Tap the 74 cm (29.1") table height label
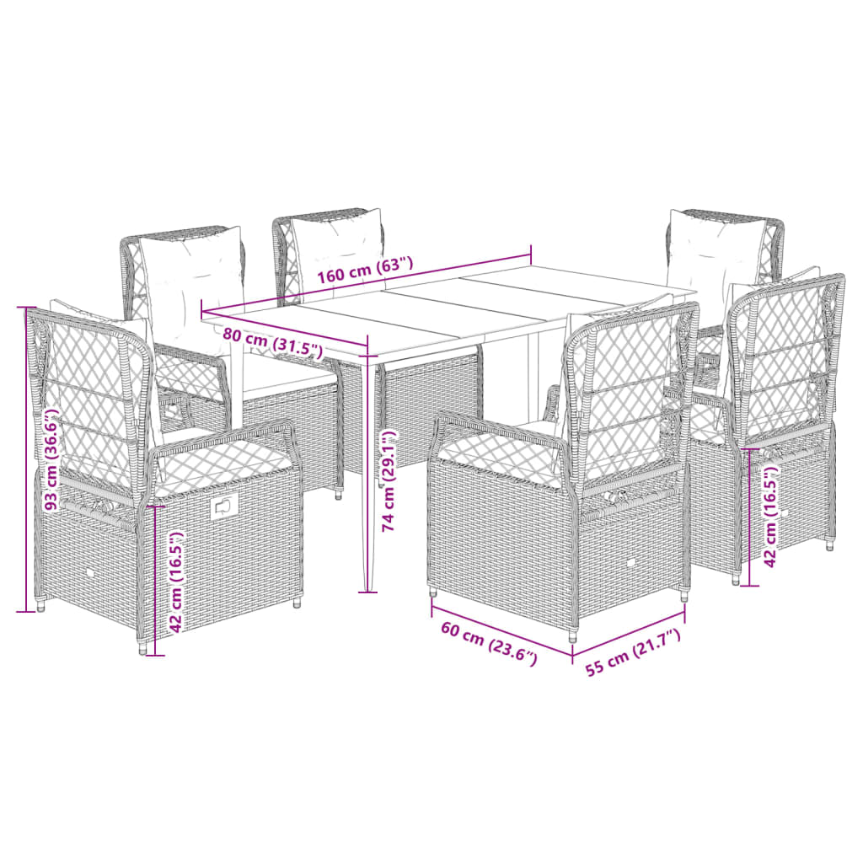coord(389,481)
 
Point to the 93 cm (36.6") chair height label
coord(53,460)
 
